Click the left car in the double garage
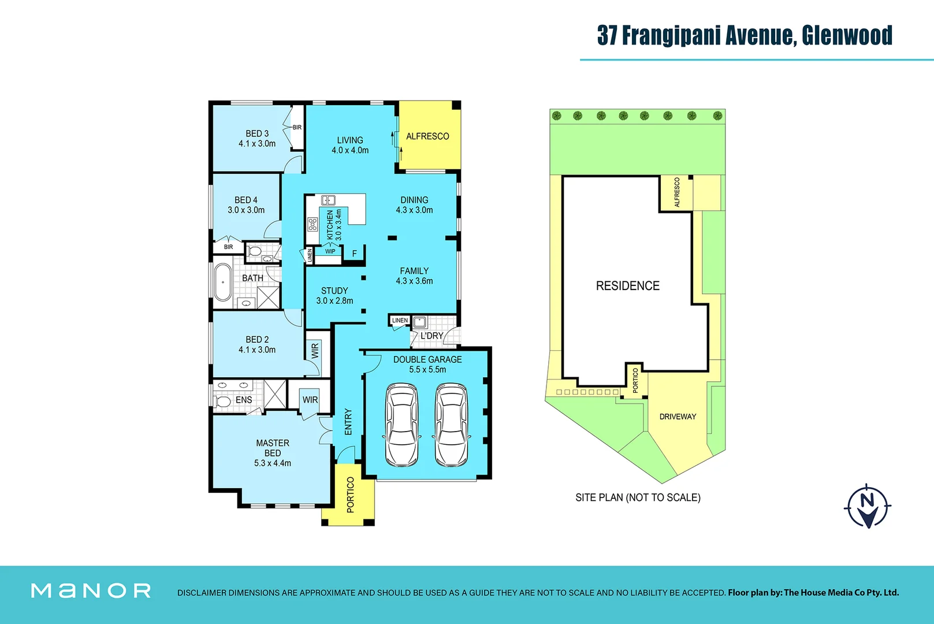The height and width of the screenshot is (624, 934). click(401, 425)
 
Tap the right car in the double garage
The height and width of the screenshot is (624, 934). click(451, 425)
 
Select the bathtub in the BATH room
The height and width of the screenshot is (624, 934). click(223, 283)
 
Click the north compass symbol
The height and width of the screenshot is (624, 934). click(867, 506)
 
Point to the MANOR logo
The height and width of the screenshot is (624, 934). click(91, 590)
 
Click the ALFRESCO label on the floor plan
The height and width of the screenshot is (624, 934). click(427, 136)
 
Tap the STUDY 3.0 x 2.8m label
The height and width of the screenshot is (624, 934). click(334, 295)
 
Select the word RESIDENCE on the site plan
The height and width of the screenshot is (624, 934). click(627, 285)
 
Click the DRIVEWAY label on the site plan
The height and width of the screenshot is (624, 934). click(678, 417)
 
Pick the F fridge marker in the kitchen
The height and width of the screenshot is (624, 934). click(355, 254)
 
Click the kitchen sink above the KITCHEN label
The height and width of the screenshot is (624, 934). click(328, 200)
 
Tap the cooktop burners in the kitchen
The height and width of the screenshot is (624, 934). click(312, 224)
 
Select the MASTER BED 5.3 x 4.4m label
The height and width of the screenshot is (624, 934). click(273, 453)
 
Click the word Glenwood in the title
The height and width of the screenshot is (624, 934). click(847, 35)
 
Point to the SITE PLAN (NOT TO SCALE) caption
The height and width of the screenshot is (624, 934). click(638, 497)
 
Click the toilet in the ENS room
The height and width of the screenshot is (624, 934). click(222, 400)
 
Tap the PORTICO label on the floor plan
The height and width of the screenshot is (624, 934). click(350, 495)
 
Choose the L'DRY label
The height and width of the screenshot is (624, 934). click(431, 336)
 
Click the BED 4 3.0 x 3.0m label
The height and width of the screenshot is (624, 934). click(246, 205)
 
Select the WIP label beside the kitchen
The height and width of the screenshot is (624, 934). click(330, 251)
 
